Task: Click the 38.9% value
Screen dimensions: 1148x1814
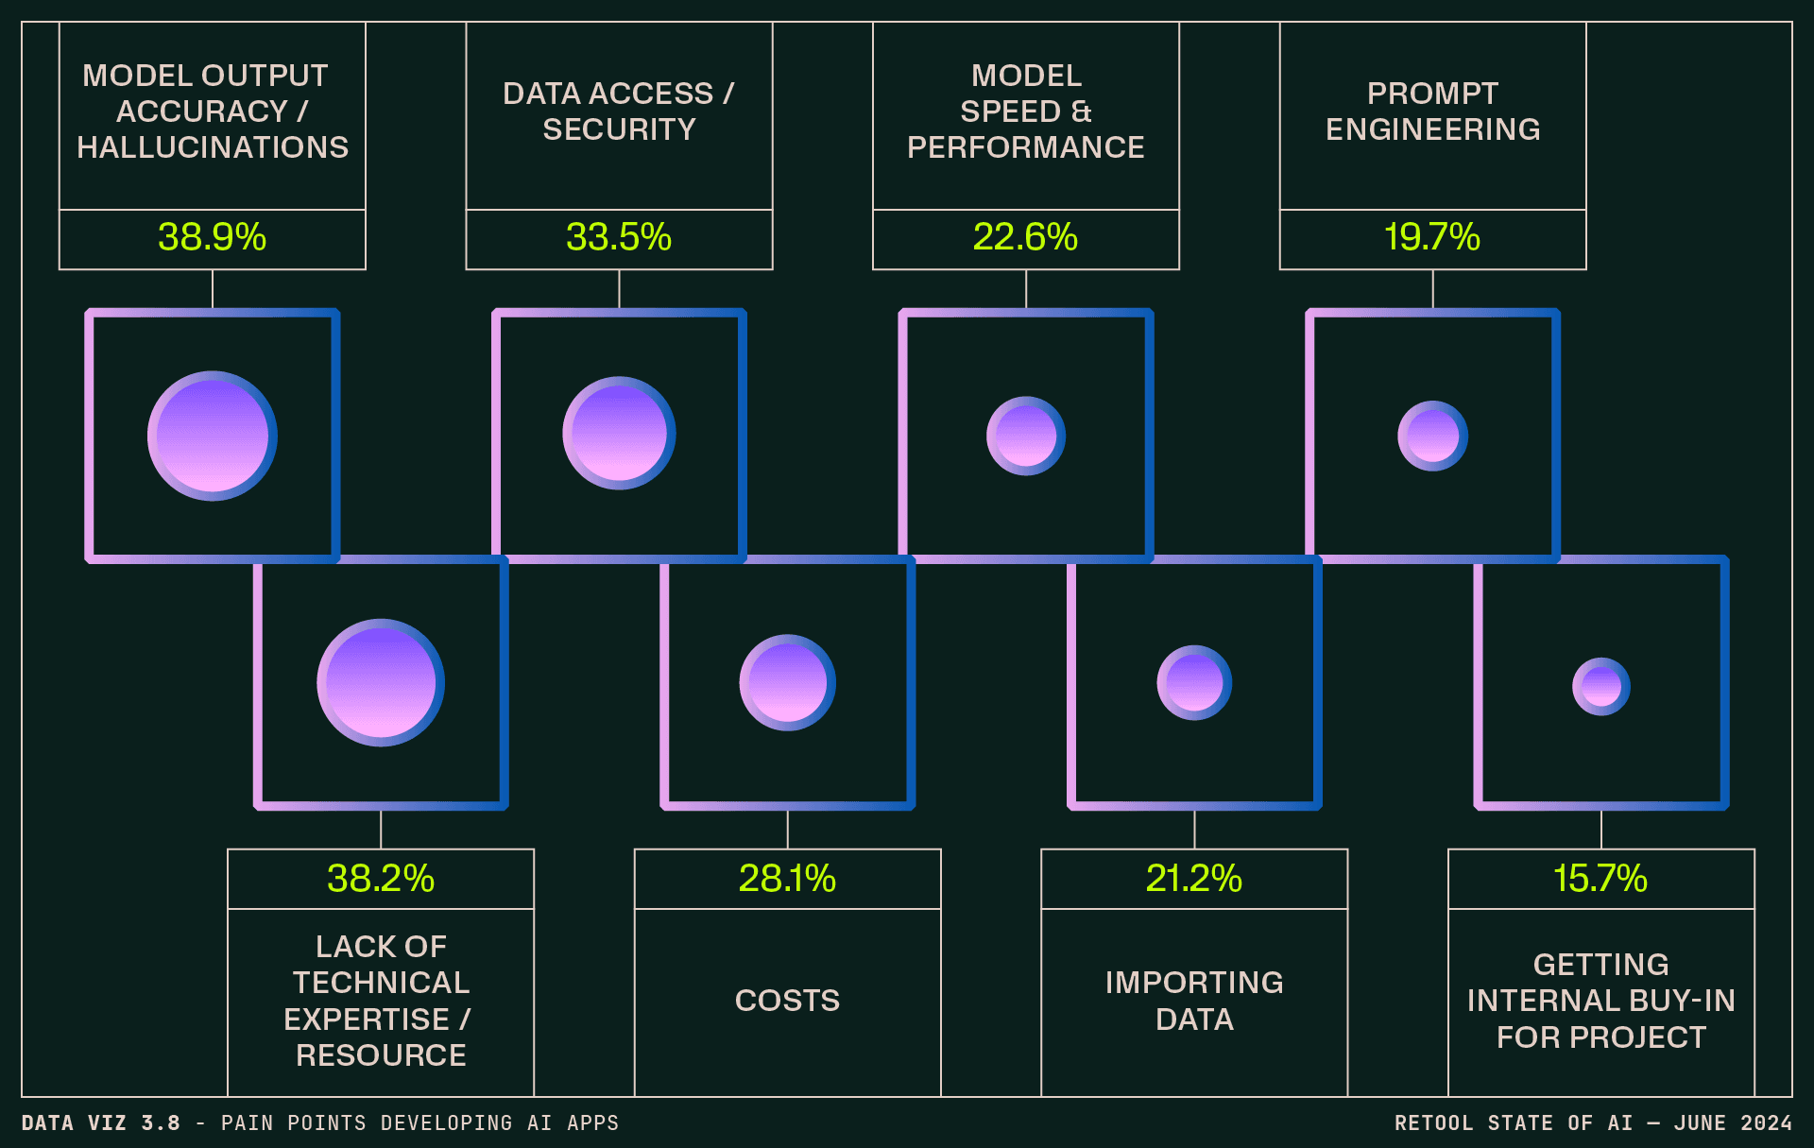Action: coord(212,237)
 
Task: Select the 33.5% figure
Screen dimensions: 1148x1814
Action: coord(619,237)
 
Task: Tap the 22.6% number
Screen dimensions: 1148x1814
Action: coord(1025,237)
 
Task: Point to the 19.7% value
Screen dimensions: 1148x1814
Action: coord(1432,237)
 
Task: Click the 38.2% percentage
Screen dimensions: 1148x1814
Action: coord(381,879)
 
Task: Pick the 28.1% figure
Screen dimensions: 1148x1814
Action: coord(787,879)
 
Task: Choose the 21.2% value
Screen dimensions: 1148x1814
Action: coord(1194,879)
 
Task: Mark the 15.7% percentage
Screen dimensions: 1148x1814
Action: coord(1600,879)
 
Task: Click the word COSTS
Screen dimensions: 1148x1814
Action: coord(787,1001)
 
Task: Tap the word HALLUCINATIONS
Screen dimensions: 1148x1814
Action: coord(213,147)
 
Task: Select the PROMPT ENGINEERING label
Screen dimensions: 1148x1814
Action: coord(1432,111)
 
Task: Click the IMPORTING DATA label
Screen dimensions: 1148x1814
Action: coord(1194,1001)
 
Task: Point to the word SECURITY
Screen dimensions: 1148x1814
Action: coord(619,129)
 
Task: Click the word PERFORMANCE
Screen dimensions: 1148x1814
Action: coord(1025,147)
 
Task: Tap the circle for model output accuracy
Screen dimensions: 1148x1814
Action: coord(213,436)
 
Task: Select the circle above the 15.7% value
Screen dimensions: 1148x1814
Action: coord(1601,686)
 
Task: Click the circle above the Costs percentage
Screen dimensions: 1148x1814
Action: coord(787,682)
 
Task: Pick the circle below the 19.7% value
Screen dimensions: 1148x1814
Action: coord(1432,436)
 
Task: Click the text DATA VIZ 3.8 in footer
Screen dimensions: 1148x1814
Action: coord(101,1123)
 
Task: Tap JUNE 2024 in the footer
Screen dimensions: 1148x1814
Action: coord(1733,1123)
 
